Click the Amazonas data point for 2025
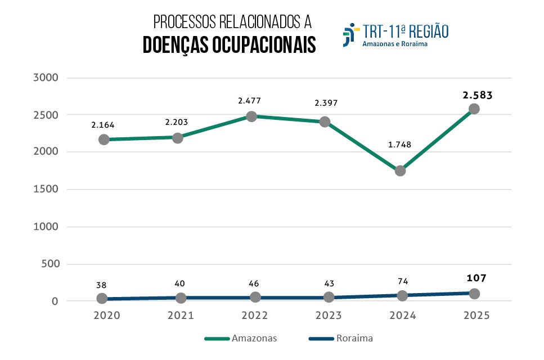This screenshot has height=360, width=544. (x=474, y=109)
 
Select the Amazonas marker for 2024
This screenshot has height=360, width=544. (x=400, y=170)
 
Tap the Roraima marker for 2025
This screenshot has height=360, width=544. (x=474, y=294)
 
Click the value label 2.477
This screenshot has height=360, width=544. (x=249, y=101)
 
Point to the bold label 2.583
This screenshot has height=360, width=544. (x=478, y=95)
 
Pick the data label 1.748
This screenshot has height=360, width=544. (x=399, y=145)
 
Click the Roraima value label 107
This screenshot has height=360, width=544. (x=476, y=278)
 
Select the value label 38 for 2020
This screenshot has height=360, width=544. (x=102, y=285)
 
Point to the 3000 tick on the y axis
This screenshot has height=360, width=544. (x=47, y=78)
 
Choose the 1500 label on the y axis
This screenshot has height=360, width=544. (x=47, y=190)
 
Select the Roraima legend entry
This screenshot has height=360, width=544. (x=341, y=339)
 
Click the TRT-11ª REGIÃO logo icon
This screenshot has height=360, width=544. (x=350, y=34)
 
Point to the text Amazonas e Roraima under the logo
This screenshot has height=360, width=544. (x=395, y=44)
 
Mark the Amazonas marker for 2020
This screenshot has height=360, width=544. (x=104, y=139)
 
